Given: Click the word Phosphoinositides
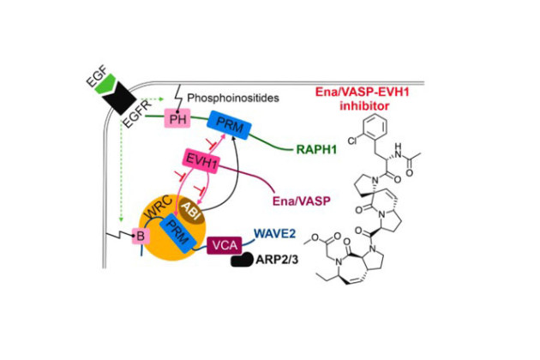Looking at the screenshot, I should point(236,99).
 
